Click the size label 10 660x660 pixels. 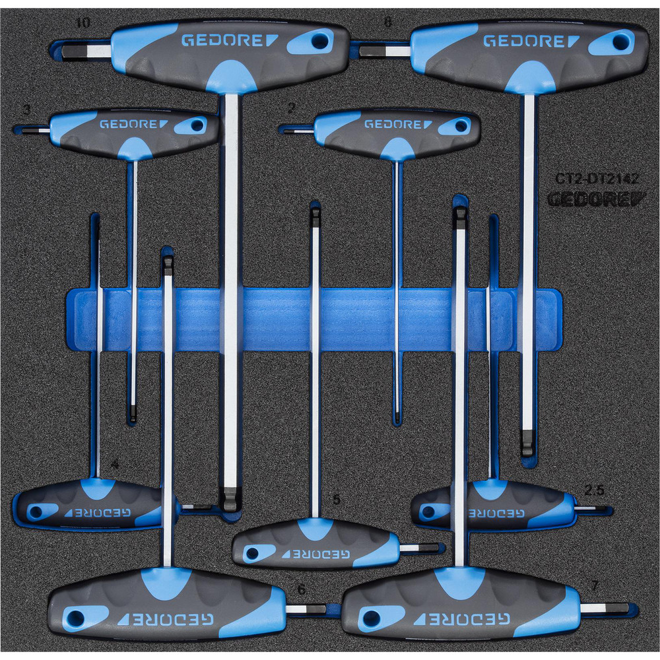83,23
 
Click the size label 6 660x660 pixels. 302,589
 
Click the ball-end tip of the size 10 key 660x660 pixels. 230,501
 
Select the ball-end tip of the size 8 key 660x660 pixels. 526,446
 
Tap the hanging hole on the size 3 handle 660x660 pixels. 199,125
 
